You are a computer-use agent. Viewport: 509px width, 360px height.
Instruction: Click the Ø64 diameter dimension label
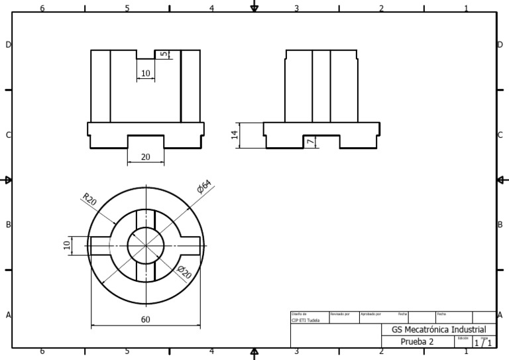click(x=203, y=188)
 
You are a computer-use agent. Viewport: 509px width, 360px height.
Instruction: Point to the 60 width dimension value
click(x=145, y=320)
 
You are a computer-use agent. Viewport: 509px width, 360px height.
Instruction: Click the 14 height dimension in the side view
click(x=234, y=135)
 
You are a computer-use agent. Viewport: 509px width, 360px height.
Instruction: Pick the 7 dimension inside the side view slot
click(x=310, y=142)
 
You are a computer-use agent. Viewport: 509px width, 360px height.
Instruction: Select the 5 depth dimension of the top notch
click(x=162, y=54)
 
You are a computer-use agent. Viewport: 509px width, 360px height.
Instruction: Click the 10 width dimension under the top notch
click(x=146, y=74)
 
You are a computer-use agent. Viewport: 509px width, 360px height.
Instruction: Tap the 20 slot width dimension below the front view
click(x=145, y=157)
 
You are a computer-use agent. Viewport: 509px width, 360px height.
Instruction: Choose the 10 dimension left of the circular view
click(x=66, y=245)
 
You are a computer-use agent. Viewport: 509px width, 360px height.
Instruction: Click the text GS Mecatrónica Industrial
click(x=439, y=330)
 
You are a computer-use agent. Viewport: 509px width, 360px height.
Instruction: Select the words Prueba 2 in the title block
click(x=417, y=341)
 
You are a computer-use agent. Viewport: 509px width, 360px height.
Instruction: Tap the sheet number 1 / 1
click(x=482, y=343)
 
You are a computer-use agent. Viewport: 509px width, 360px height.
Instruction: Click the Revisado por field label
click(x=339, y=313)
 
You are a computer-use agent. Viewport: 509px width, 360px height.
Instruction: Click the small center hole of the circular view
click(x=146, y=245)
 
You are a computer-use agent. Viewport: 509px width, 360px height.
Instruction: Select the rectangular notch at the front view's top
click(x=145, y=54)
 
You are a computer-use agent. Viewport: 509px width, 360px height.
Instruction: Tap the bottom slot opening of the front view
click(x=145, y=142)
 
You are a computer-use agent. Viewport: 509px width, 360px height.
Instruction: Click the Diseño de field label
click(x=300, y=313)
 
